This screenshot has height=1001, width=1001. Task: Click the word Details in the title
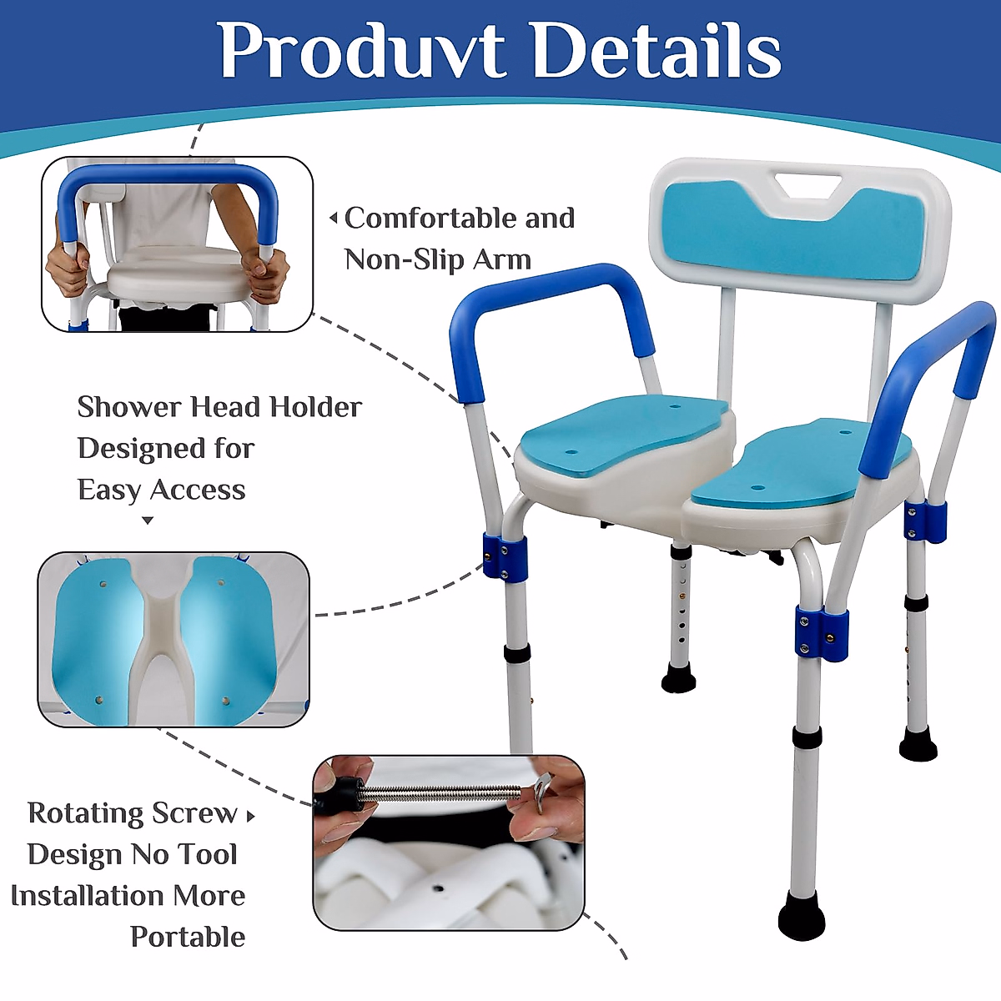[x=657, y=50]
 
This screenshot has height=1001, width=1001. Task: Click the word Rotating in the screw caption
[x=85, y=813]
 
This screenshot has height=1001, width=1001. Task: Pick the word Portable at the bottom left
[x=188, y=937]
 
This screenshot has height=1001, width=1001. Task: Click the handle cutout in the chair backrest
[x=807, y=185]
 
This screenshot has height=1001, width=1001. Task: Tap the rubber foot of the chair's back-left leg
[x=678, y=679]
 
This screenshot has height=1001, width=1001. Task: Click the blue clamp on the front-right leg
[x=822, y=632]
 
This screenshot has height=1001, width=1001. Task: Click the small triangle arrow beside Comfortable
[x=334, y=219]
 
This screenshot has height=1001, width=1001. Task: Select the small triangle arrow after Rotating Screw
[x=251, y=816]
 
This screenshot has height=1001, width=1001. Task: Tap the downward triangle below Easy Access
[x=148, y=520]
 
